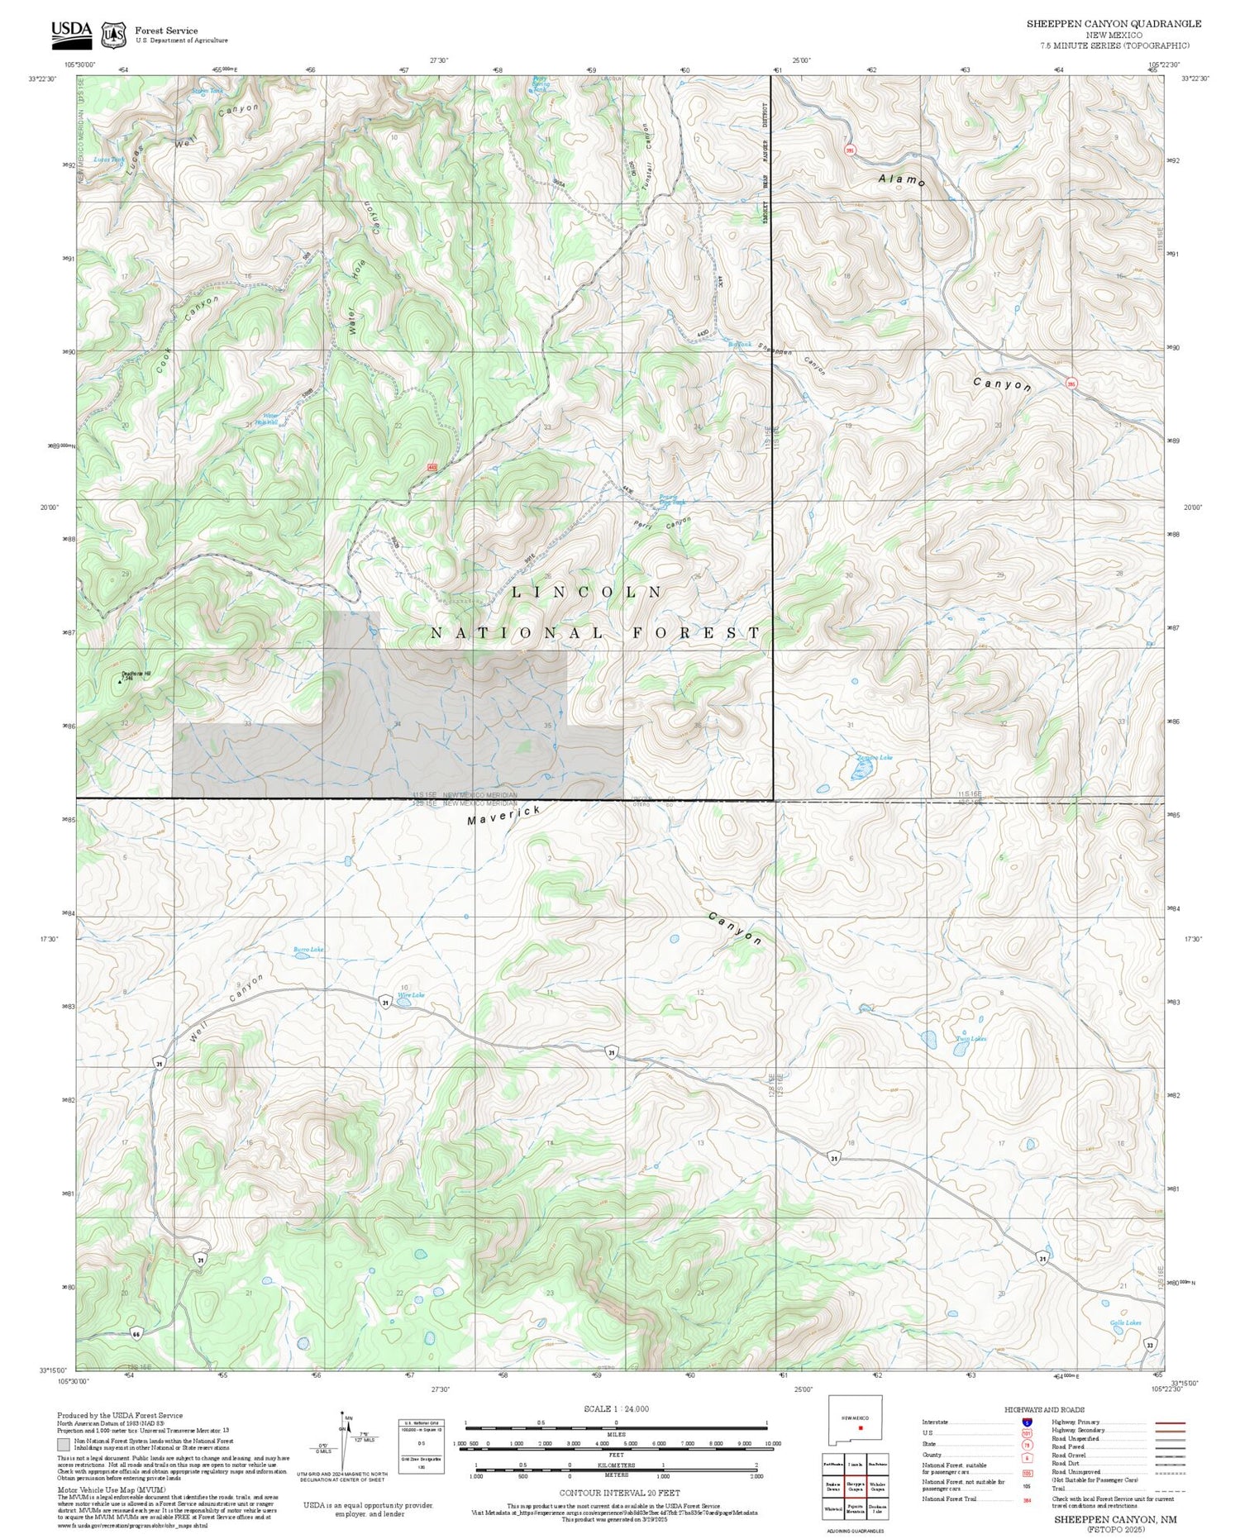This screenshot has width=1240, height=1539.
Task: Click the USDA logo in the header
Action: (x=71, y=31)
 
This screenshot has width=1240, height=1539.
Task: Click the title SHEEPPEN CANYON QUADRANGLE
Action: (x=1114, y=24)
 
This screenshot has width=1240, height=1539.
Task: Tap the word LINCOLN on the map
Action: (x=586, y=592)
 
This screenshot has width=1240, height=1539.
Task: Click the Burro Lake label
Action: (x=308, y=951)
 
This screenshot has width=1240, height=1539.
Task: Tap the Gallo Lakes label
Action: (x=1125, y=1322)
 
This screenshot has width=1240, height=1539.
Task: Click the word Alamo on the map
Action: (x=901, y=179)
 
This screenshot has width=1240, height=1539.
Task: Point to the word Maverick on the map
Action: (x=503, y=815)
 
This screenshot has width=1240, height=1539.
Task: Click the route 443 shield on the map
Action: (x=432, y=468)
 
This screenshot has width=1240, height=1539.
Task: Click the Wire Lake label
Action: (x=411, y=995)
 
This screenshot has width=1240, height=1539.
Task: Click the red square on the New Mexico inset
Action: (x=861, y=1427)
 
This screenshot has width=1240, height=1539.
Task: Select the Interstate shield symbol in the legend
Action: (x=1026, y=1422)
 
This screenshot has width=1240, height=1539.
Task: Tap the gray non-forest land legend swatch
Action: (x=63, y=1445)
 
